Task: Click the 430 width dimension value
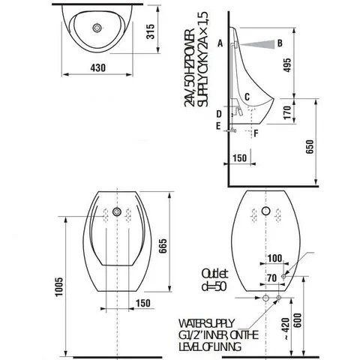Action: pos(98,67)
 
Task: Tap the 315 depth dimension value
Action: pos(150,31)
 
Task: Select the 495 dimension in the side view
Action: pos(287,65)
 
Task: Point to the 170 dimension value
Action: pos(287,112)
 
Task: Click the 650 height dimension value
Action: pos(309,147)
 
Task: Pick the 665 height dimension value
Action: pos(163,246)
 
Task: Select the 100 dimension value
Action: pos(274,258)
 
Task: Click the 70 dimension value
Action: pos(272,278)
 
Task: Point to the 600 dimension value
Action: pos(298,320)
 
